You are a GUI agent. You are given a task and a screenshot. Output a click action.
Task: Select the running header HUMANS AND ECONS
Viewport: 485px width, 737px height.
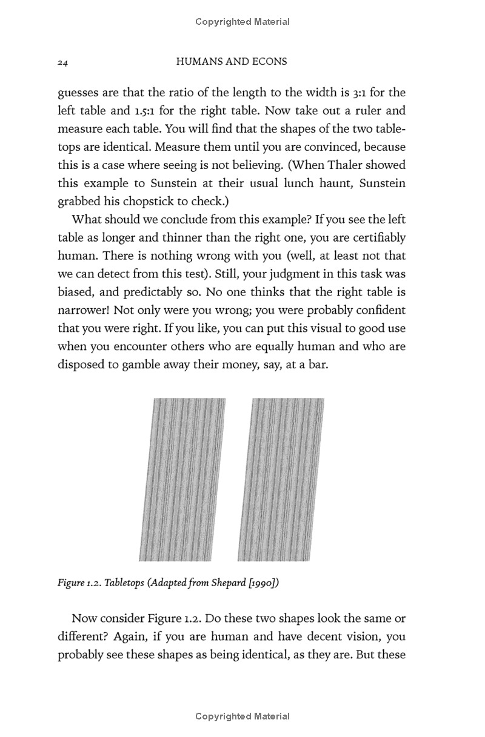point(230,61)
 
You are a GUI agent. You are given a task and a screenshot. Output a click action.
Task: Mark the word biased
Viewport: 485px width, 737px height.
point(75,292)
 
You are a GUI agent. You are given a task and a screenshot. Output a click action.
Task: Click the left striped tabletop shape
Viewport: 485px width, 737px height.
point(182,479)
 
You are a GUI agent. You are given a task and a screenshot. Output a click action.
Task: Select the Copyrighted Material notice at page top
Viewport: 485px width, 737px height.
point(242,22)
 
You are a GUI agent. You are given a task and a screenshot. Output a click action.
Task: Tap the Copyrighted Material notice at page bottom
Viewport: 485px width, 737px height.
point(242,716)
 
